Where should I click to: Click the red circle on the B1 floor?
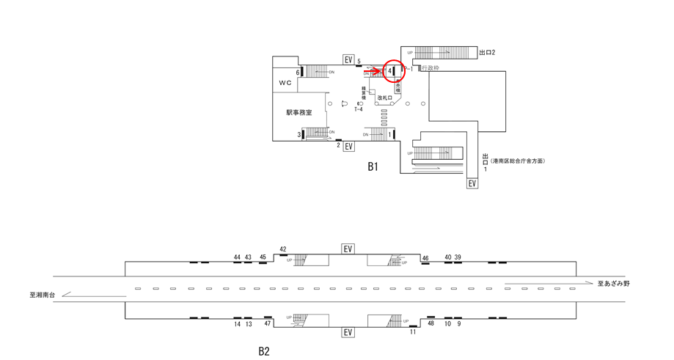tap(395, 70)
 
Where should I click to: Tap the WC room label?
tap(285, 83)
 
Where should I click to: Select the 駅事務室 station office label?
tap(299, 113)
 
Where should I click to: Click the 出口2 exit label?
tap(488, 53)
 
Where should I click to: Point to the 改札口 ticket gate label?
tap(385, 98)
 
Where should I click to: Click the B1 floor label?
tap(373, 167)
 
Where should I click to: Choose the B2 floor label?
tap(264, 351)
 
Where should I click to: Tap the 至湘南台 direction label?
tap(43, 295)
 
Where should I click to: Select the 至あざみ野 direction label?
tap(613, 283)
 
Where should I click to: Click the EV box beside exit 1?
tap(473, 183)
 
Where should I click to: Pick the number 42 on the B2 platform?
tap(283, 249)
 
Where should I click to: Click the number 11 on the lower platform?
tap(413, 331)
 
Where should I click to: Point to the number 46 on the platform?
tap(425, 258)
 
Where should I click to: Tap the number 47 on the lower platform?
tap(268, 323)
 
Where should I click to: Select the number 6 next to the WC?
tap(298, 73)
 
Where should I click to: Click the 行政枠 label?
tap(431, 68)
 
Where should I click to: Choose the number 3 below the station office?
tap(298, 134)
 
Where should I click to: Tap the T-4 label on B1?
tap(359, 110)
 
